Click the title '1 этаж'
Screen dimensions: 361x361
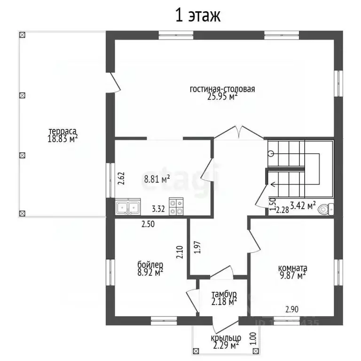pyautogui.click(x=197, y=16)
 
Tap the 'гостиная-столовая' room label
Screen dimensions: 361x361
pyautogui.click(x=222, y=89)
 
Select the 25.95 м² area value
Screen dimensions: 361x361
pyautogui.click(x=222, y=96)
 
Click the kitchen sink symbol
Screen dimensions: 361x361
pyautogui.click(x=128, y=207)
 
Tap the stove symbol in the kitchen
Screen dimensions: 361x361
pyautogui.click(x=176, y=207)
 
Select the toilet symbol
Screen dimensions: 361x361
pyautogui.click(x=330, y=208)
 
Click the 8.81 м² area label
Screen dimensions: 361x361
pyautogui.click(x=157, y=179)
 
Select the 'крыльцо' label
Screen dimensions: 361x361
pyautogui.click(x=226, y=338)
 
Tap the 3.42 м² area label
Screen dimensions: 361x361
pyautogui.click(x=303, y=205)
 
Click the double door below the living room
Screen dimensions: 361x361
pyautogui.click(x=239, y=132)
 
